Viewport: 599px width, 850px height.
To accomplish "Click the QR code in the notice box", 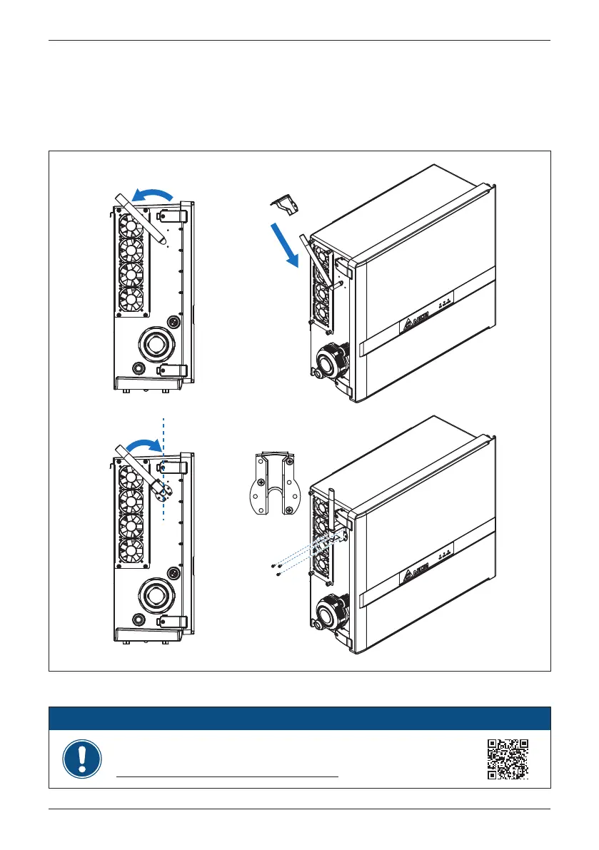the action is (508, 759).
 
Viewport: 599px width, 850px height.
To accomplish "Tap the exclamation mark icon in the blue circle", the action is (82, 759).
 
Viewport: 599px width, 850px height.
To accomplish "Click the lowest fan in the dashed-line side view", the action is (131, 550).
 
